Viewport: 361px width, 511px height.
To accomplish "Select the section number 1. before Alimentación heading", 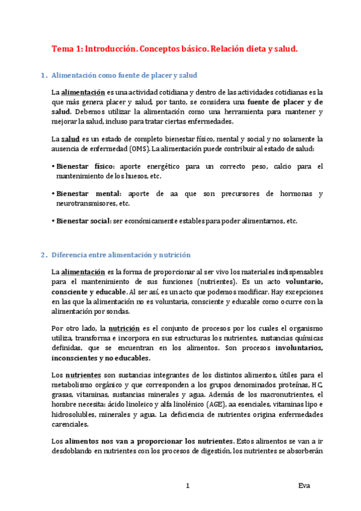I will coord(44,75).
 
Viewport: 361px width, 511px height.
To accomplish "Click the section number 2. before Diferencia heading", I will coord(44,255).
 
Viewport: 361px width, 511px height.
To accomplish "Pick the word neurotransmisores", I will coord(83,204).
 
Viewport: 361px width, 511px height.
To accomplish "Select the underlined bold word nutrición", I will coord(124,328).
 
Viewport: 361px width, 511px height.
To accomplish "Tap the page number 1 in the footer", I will coord(188,486).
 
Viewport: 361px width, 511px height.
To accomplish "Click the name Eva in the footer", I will coord(304,486).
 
